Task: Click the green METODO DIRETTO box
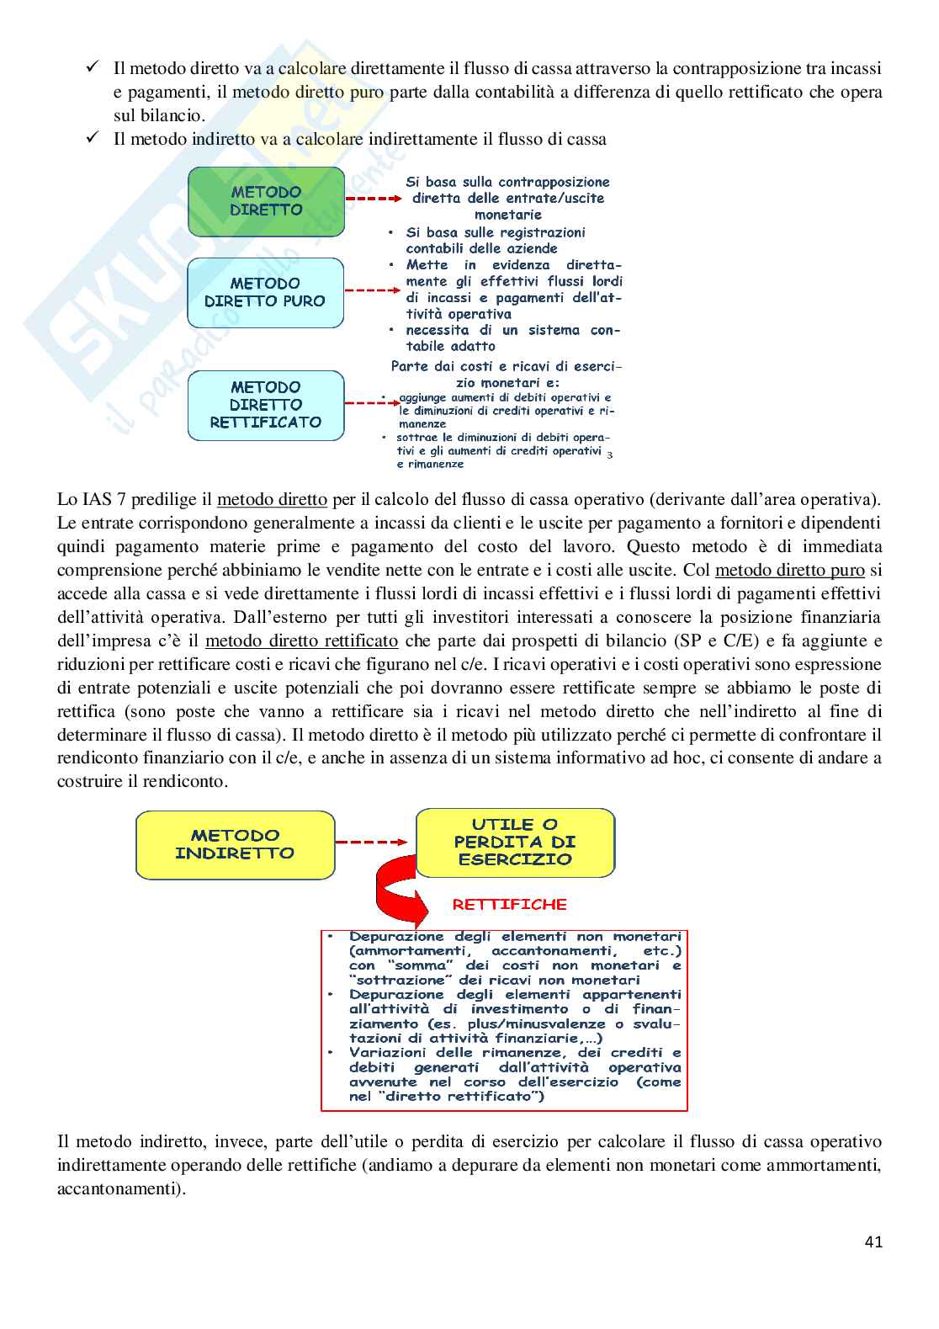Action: point(266,201)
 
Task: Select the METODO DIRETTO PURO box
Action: point(265,292)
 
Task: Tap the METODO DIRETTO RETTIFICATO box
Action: point(266,405)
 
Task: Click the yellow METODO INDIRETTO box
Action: point(235,844)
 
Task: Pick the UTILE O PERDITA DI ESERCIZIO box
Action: point(515,842)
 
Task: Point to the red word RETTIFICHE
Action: point(510,905)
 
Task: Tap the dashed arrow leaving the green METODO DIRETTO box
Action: point(373,199)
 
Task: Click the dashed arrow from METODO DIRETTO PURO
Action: point(373,290)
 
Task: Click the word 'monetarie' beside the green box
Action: point(508,215)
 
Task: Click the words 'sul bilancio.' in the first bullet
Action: point(159,115)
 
